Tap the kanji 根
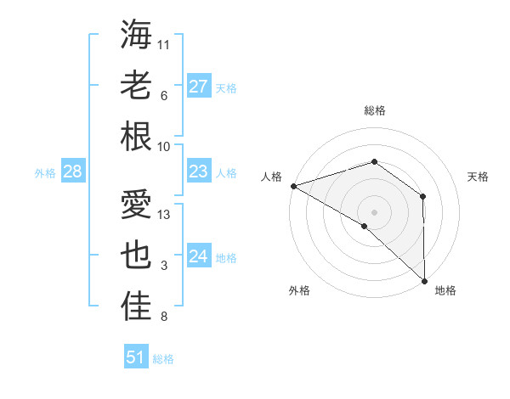pyautogui.click(x=136, y=136)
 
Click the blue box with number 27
pyautogui.click(x=199, y=86)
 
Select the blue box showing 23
pyautogui.click(x=199, y=171)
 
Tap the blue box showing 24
pyautogui.click(x=199, y=256)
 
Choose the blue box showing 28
pyautogui.click(x=73, y=172)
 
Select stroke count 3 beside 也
pyautogui.click(x=164, y=267)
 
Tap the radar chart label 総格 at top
pyautogui.click(x=374, y=110)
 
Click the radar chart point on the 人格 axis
pyautogui.click(x=293, y=186)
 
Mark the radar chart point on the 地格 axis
pyautogui.click(x=422, y=279)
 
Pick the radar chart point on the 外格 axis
pyautogui.click(x=365, y=226)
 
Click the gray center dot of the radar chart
pyautogui.click(x=374, y=211)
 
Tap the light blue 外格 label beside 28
pyautogui.click(x=45, y=173)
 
